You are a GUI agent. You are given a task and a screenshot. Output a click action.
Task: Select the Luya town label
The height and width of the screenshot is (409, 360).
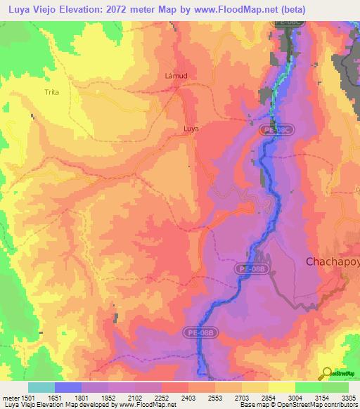(191, 129)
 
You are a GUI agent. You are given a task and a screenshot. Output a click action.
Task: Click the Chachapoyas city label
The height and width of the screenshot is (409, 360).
(332, 261)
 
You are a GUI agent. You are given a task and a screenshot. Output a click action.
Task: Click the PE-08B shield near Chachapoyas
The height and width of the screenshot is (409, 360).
(249, 268)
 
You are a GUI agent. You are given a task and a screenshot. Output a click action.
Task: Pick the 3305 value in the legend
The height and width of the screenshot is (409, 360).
(348, 398)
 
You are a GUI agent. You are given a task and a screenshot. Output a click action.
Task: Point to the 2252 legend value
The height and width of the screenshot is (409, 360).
(162, 398)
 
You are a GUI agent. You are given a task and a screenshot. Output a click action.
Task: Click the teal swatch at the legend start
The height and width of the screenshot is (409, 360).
(41, 387)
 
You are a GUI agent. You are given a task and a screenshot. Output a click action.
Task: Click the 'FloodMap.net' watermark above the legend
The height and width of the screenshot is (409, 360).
(150, 377)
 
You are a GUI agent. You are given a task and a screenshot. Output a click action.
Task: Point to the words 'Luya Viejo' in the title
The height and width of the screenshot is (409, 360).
(33, 8)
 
